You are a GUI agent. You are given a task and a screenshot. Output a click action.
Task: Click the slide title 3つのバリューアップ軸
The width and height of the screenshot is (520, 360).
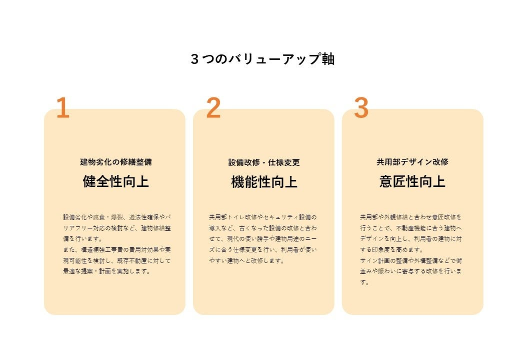[x=263, y=59]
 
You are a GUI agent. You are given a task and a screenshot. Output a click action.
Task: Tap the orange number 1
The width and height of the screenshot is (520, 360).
[x=63, y=108]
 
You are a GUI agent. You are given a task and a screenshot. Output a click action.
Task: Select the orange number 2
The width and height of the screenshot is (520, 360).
[x=213, y=108]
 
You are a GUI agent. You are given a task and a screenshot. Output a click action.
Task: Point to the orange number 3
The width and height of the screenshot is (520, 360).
[x=361, y=108]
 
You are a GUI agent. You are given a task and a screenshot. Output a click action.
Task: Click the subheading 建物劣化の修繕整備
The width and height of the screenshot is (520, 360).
[x=116, y=162]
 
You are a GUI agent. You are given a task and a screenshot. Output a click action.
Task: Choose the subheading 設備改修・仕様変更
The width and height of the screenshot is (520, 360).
[x=264, y=162]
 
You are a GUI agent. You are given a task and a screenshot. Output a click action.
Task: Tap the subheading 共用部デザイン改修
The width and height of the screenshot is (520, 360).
[x=412, y=162]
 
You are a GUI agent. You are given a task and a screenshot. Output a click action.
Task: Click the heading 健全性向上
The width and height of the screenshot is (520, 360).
[x=116, y=181]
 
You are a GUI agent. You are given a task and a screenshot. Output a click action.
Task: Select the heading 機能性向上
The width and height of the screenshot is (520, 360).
[x=264, y=182]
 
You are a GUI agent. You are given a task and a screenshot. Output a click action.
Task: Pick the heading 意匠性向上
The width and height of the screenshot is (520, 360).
[x=412, y=181]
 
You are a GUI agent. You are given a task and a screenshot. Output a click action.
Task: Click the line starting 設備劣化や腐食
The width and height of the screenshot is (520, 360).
[x=117, y=217]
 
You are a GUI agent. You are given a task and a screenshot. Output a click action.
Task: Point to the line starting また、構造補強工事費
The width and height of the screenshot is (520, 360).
[x=117, y=250]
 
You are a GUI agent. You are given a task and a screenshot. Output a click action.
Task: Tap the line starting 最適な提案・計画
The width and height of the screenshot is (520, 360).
[x=107, y=271]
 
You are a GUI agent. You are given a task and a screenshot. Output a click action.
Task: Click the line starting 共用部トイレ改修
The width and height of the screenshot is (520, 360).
[x=263, y=217]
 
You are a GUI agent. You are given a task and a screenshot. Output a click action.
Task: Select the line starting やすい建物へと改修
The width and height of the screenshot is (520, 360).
[x=246, y=261]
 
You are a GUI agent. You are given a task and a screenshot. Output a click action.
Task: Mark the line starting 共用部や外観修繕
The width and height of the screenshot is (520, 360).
[x=411, y=217]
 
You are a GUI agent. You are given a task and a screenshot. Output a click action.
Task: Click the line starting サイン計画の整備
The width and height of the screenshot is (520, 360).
[x=411, y=261]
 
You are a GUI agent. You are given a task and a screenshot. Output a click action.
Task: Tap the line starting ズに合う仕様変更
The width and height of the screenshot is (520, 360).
[x=263, y=250]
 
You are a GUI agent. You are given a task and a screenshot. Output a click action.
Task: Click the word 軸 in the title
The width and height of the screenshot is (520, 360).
[x=328, y=59]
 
